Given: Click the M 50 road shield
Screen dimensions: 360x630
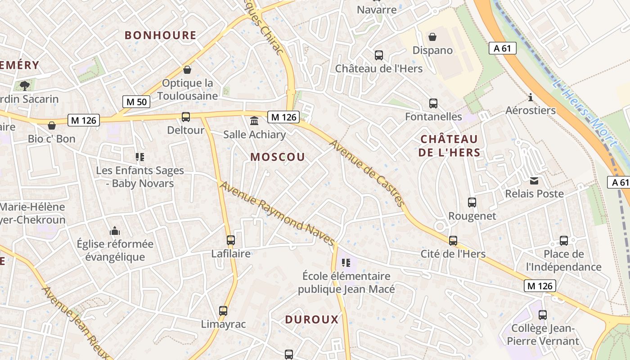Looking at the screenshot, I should tap(136, 102).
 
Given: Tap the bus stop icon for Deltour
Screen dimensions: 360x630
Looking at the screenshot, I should tap(185, 117).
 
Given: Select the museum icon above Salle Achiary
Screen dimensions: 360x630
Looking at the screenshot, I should tap(254, 121).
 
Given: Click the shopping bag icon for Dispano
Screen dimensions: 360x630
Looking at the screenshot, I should tap(432, 37).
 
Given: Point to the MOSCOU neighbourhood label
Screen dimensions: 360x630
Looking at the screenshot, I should tap(278, 157).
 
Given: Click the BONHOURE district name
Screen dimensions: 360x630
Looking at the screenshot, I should tap(161, 35).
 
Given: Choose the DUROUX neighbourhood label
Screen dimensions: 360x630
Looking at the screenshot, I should tap(311, 319).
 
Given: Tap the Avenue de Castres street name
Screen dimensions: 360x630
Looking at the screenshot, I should tap(367, 173).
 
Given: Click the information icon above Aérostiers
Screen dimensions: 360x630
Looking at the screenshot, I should tap(531, 97).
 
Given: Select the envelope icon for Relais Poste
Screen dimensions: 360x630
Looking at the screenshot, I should tap(534, 181).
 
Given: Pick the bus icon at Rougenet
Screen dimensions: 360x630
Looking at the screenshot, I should tap(472, 202).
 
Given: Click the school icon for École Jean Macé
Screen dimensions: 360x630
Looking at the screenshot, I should tap(346, 262).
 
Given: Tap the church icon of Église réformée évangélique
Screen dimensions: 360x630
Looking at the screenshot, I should tap(115, 231).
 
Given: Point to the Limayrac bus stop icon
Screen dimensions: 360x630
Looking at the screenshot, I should tap(223, 310).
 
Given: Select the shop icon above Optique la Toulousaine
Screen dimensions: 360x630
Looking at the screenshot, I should tap(187, 70).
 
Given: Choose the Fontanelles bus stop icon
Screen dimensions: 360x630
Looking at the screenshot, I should tap(433, 103).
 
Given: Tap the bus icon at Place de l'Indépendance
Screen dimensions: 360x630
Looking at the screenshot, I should tap(564, 241).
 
